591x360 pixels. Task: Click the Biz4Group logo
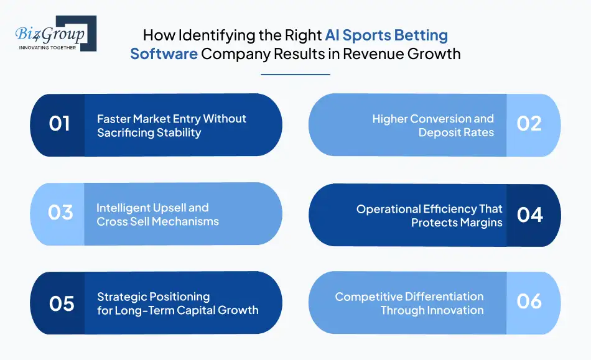[56, 33]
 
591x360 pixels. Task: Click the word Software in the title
[164, 54]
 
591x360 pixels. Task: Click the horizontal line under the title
[295, 75]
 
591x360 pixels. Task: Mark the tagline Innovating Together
[47, 48]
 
